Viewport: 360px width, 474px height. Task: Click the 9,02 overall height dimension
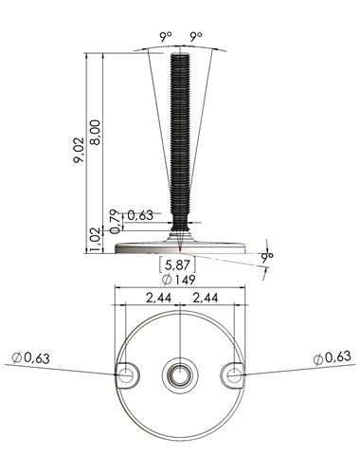tap(79, 150)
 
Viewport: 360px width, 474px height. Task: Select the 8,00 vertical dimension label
tap(95, 132)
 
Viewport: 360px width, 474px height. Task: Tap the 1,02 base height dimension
tap(95, 241)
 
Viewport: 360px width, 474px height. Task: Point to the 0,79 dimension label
tap(116, 221)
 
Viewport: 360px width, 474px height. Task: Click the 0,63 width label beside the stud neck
tap(140, 215)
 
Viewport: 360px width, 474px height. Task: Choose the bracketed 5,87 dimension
tap(177, 264)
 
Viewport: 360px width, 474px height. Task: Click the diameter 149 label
tap(178, 280)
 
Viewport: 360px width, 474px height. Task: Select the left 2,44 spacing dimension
tap(158, 298)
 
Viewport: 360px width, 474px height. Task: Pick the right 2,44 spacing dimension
tap(205, 298)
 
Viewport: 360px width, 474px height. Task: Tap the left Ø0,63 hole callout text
tap(30, 358)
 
